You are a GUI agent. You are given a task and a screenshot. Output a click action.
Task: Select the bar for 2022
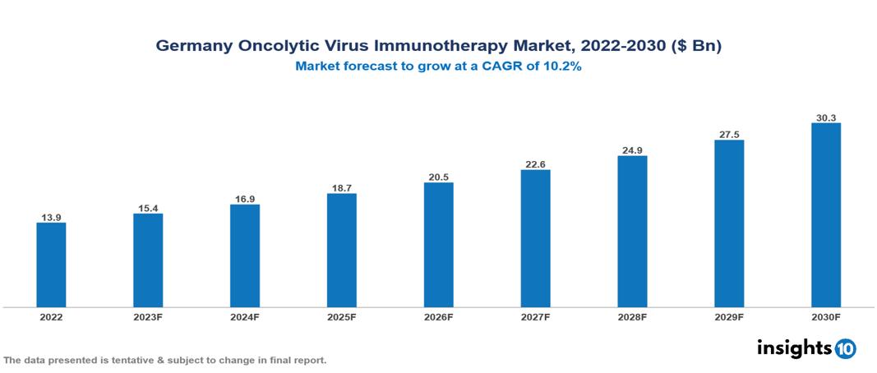pos(51,265)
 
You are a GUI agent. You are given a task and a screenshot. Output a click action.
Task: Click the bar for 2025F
pos(341,250)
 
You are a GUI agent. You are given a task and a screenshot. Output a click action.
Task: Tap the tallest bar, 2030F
pos(825,215)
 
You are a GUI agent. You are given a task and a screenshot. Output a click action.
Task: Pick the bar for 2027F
pos(535,238)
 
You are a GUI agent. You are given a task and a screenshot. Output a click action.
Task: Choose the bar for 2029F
pos(729,223)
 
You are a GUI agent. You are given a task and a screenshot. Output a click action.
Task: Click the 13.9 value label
pos(51,217)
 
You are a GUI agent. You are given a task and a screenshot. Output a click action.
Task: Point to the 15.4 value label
pos(148,208)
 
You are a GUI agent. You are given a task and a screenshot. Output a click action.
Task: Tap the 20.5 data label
pos(438,177)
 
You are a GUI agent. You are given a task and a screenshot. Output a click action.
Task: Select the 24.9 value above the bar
pos(632,150)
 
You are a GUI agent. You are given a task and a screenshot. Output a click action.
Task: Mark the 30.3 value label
pos(825,117)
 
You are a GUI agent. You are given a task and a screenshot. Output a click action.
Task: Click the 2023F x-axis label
pos(148,316)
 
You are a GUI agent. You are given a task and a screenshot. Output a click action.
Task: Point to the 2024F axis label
pos(245,316)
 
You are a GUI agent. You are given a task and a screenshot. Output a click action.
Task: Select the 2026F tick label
pos(438,316)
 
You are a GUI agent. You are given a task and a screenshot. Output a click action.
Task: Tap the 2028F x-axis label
pos(632,316)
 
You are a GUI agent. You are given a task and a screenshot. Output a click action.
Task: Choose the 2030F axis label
pos(825,316)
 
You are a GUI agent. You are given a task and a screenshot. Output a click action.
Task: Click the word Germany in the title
pos(192,47)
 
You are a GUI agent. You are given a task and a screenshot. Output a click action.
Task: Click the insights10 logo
pos(806,348)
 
